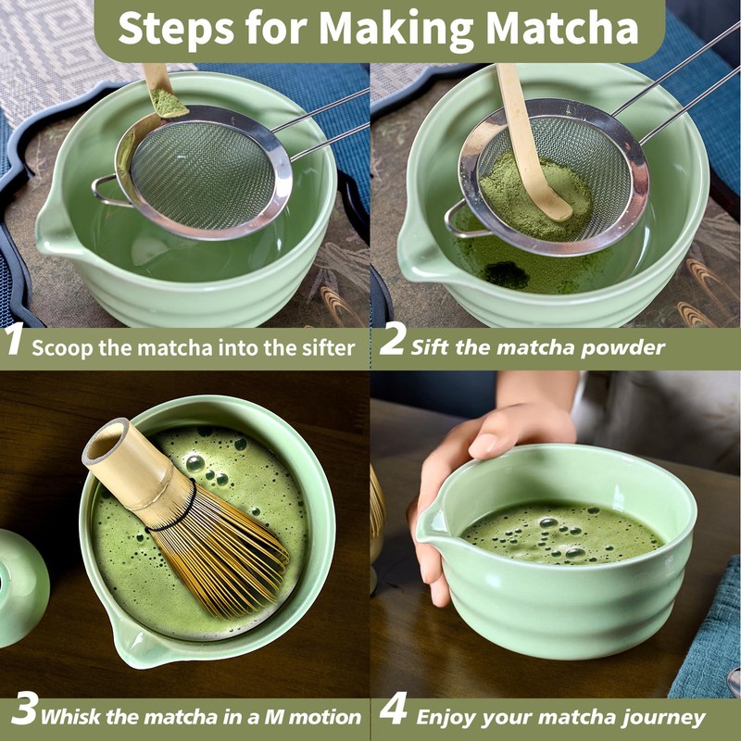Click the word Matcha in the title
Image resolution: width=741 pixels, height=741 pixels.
pos(562,29)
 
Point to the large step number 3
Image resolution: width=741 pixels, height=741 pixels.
pos(24,708)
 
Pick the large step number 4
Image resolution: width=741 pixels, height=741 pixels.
pos(393,708)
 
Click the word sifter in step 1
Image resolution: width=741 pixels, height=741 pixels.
pos(328,348)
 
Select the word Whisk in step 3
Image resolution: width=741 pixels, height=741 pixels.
pos(71,716)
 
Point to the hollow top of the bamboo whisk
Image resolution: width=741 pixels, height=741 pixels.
pos(105,443)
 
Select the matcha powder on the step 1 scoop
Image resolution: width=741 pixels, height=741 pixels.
pos(168,103)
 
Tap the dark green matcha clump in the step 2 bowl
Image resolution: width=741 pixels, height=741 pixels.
pos(507,274)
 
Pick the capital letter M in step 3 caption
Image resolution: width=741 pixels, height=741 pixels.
pos(274,717)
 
